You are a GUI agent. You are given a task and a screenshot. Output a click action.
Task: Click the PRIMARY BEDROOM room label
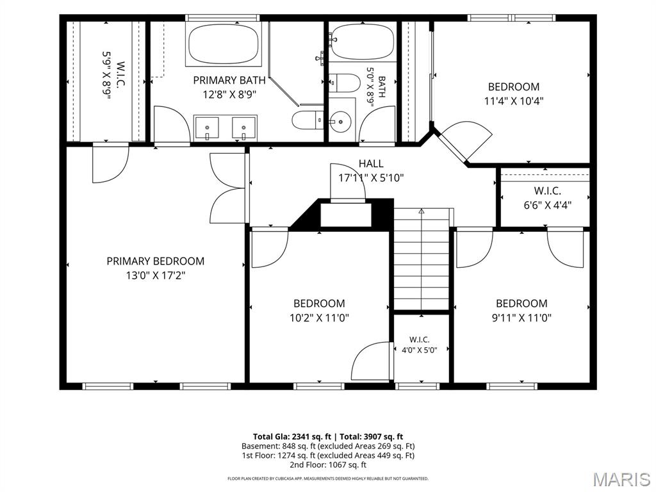155,261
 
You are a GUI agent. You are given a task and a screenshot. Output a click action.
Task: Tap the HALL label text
371,163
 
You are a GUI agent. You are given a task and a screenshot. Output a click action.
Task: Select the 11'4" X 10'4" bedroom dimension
513,101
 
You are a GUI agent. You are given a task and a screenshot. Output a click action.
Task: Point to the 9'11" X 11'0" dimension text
521,318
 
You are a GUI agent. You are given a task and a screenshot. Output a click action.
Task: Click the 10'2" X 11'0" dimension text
319,318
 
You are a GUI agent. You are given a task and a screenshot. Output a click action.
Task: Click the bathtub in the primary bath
223,44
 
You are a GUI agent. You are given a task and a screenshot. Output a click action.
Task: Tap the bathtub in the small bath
363,42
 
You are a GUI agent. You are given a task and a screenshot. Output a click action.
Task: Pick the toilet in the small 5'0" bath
344,83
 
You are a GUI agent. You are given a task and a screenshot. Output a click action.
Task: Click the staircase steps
422,259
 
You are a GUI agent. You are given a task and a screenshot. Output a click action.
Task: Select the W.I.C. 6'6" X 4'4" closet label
547,198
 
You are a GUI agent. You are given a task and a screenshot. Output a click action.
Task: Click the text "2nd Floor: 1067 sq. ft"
328,464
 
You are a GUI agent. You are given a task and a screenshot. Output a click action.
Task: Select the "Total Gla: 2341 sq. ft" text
291,437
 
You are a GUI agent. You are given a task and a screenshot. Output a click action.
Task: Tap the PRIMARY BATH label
229,80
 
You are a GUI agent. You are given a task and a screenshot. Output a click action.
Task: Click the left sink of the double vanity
207,128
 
